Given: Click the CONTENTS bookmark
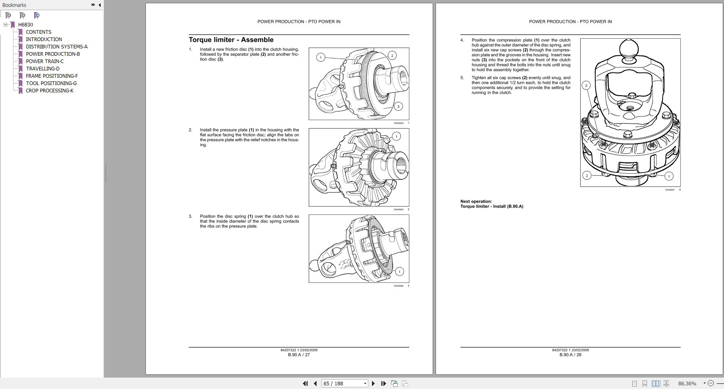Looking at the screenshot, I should pyautogui.click(x=38, y=32).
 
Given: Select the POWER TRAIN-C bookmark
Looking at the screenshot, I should pyautogui.click(x=44, y=61).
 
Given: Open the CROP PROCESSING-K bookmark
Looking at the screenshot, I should pyautogui.click(x=49, y=91).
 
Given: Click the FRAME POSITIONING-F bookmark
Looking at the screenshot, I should pyautogui.click(x=52, y=76).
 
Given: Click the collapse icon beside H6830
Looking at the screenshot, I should pyautogui.click(x=6, y=25).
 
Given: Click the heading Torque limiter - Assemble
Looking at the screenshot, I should pyautogui.click(x=231, y=40).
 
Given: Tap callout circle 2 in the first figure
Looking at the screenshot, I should pyautogui.click(x=392, y=56).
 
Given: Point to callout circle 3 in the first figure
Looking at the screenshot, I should pyautogui.click(x=398, y=107).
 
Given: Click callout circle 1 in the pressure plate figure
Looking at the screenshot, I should pyautogui.click(x=396, y=136).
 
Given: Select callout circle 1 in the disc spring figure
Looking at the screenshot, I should pyautogui.click(x=399, y=271).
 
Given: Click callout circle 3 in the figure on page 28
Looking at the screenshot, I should pyautogui.click(x=586, y=85).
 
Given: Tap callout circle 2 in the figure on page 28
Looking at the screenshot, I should pyautogui.click(x=587, y=176).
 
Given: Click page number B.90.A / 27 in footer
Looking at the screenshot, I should pyautogui.click(x=299, y=355).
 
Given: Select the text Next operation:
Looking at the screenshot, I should pyautogui.click(x=476, y=201).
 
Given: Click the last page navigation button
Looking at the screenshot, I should pyautogui.click(x=383, y=383).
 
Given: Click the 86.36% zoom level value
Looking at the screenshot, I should pyautogui.click(x=687, y=383).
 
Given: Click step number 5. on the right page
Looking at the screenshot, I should pyautogui.click(x=462, y=78).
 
